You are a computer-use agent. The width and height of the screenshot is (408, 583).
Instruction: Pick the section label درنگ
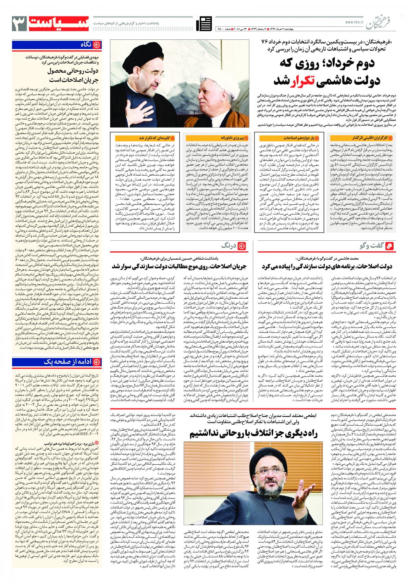230,246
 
